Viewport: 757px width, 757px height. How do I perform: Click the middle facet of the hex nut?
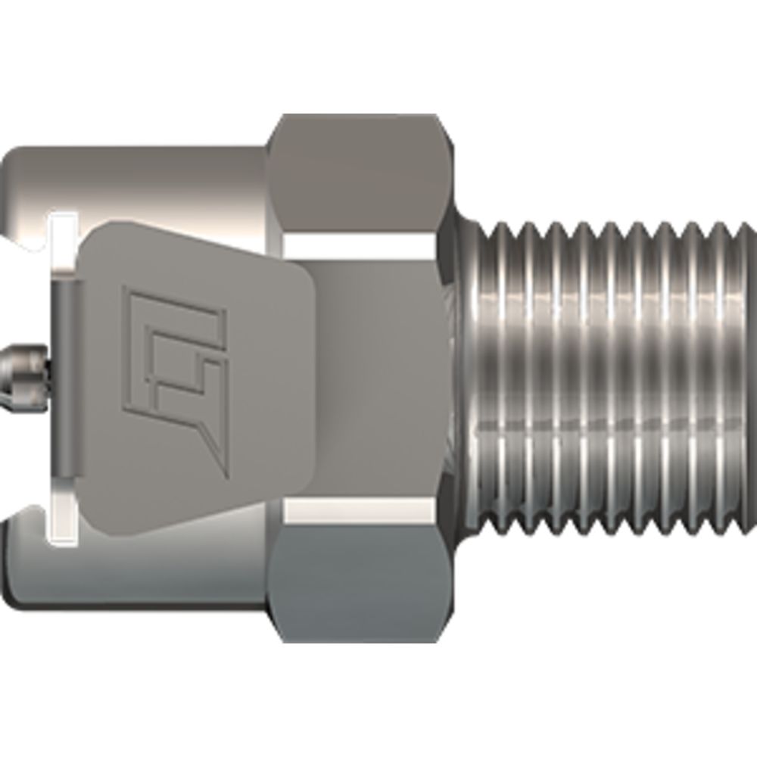(x=363, y=378)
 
